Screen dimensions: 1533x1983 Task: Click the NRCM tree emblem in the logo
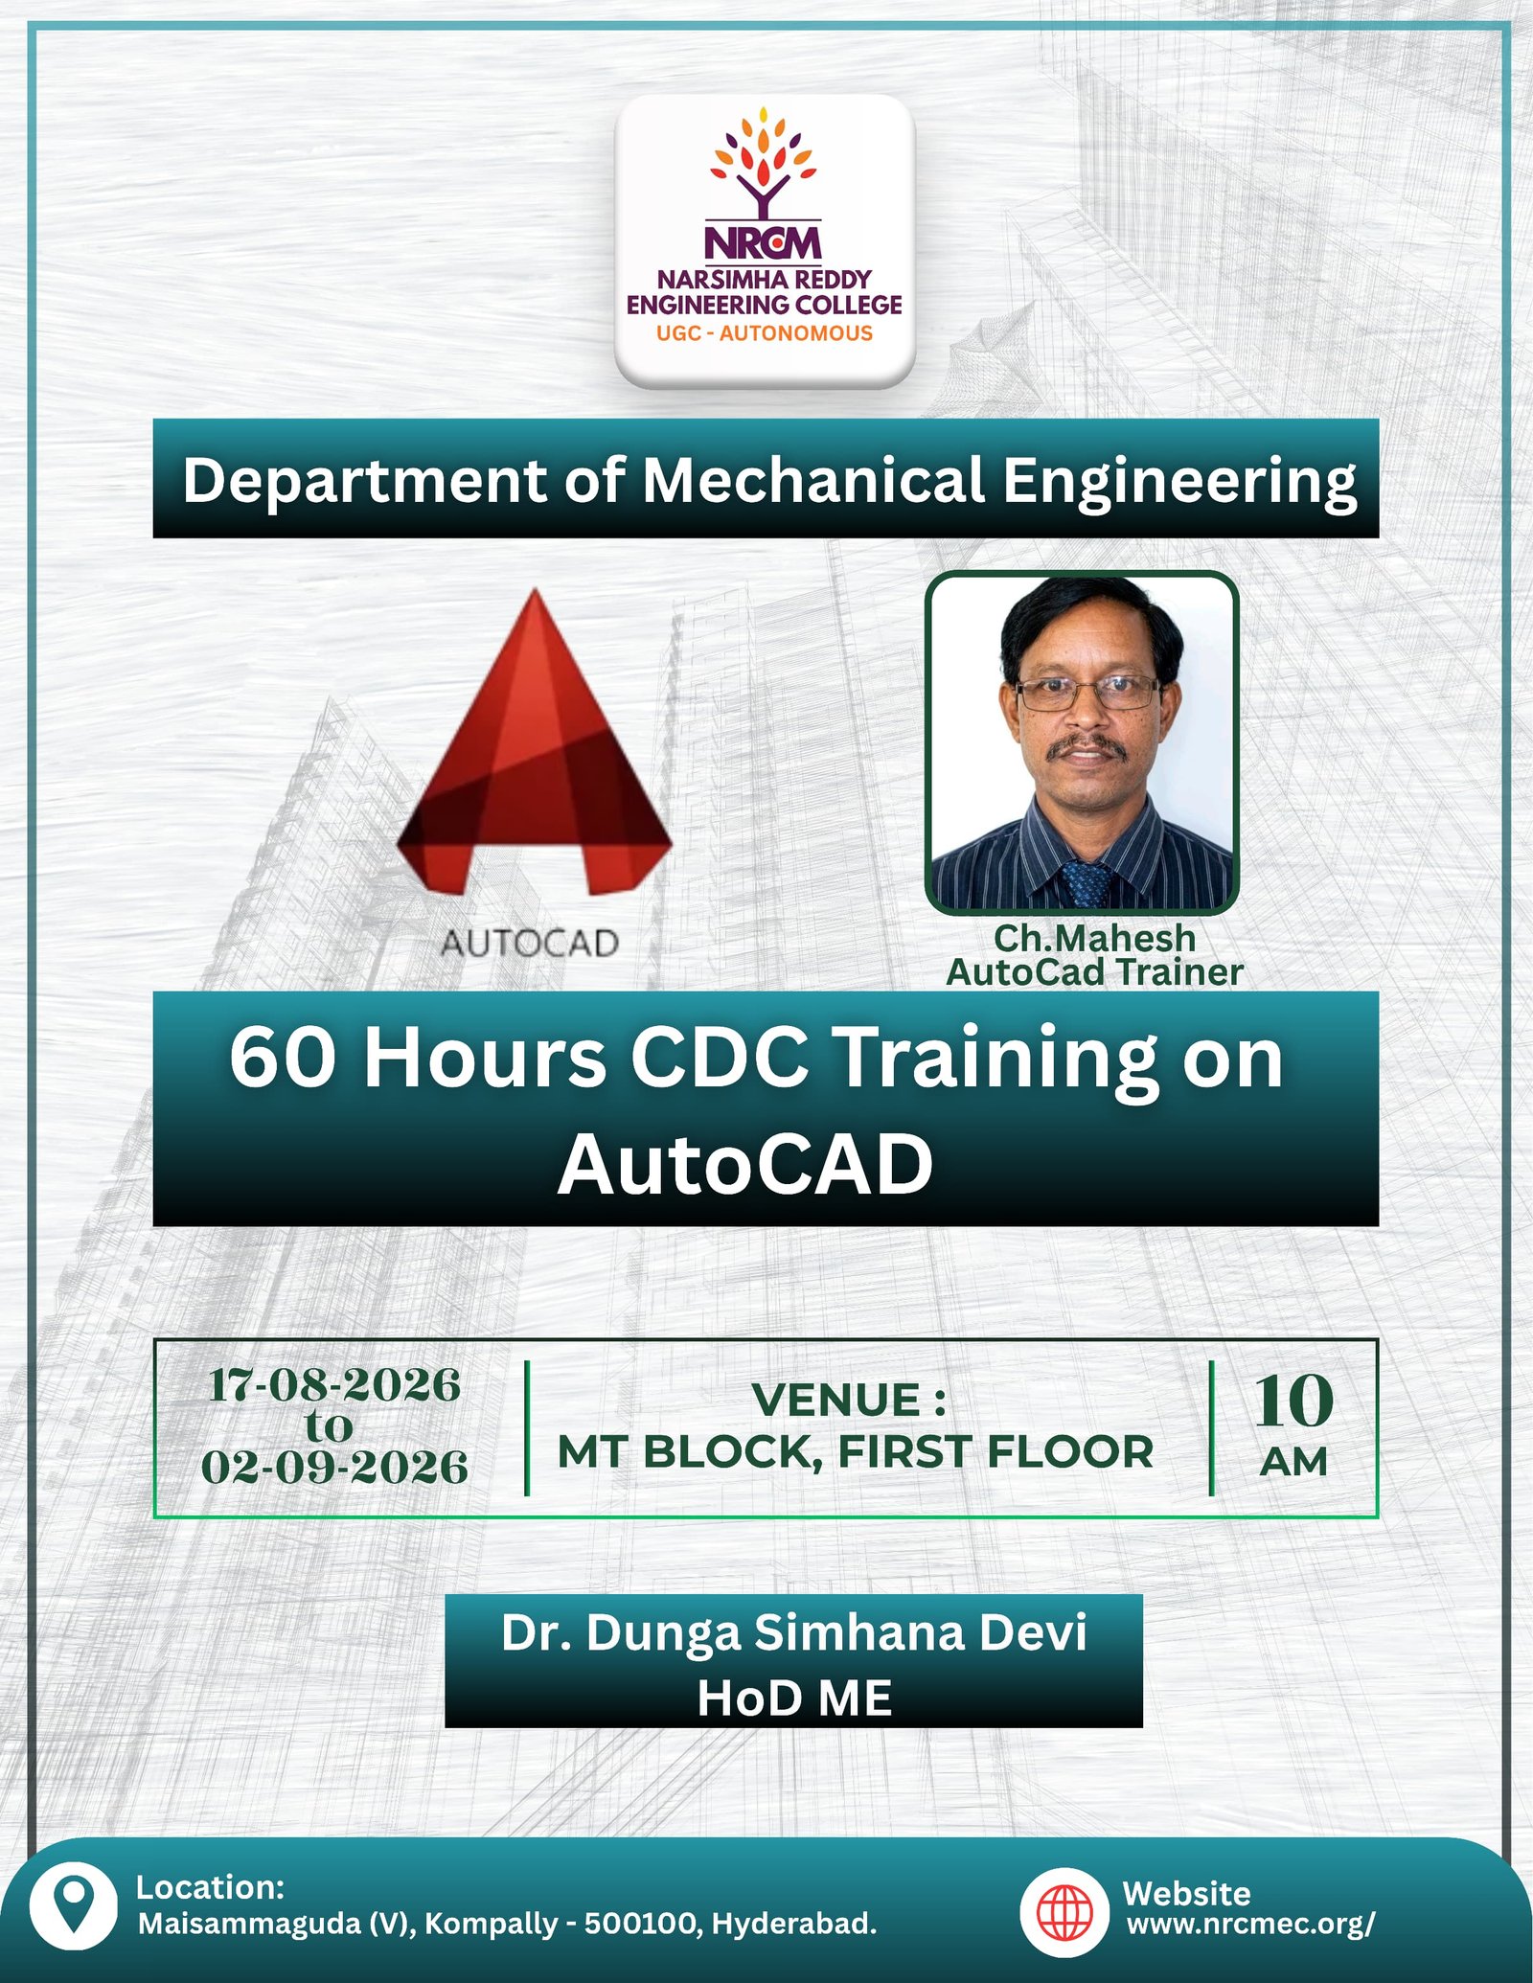point(764,162)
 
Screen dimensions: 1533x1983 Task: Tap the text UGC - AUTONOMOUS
point(765,333)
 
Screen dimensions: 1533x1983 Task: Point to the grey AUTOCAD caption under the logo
point(530,944)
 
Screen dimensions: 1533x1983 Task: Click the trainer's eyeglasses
point(1087,691)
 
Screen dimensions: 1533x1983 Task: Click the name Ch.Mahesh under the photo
point(1095,938)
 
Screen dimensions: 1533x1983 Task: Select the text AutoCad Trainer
point(1095,972)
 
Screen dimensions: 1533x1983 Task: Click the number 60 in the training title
point(283,1059)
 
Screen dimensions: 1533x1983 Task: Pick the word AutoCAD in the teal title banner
point(745,1165)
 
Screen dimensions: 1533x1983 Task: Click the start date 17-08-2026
point(334,1385)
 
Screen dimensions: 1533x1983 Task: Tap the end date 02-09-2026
point(334,1468)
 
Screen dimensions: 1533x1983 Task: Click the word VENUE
point(836,1400)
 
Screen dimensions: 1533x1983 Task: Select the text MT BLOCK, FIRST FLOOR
point(856,1452)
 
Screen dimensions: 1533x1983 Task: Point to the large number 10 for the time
point(1293,1402)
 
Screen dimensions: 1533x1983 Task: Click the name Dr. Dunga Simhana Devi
point(793,1632)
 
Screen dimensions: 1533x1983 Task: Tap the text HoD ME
point(794,1698)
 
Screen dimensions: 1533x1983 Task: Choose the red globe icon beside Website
point(1065,1912)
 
